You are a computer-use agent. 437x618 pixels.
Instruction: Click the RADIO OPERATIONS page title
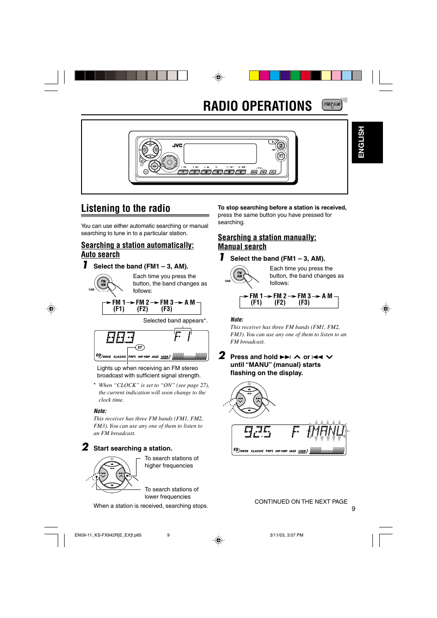pos(257,106)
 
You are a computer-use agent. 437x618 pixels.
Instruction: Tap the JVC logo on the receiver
pos(177,145)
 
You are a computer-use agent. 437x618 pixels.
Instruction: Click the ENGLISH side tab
pos(361,142)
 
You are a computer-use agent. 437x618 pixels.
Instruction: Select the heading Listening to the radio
pos(126,209)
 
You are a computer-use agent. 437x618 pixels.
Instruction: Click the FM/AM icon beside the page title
pos(332,105)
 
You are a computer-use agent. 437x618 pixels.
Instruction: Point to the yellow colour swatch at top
pos(254,75)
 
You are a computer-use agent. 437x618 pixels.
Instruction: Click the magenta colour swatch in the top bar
pos(264,75)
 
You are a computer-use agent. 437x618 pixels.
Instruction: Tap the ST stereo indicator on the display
pos(140,348)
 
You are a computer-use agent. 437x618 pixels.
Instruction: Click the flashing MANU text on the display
pos(326,431)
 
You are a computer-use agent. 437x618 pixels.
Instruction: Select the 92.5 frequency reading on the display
pos(257,431)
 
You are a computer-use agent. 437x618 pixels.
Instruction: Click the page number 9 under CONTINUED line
pos(353,509)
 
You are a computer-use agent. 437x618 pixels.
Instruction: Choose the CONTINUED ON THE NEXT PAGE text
pos(301,501)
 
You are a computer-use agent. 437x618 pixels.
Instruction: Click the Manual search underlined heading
pos(242,247)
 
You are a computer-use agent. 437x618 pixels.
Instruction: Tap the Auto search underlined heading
pos(100,254)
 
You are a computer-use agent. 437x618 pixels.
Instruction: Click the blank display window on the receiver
pos(220,154)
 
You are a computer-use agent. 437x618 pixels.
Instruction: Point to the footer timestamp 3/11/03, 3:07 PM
pos(286,535)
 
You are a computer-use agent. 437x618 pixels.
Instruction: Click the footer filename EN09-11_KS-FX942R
pos(108,535)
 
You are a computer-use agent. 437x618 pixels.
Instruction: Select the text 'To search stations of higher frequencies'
pos(171,462)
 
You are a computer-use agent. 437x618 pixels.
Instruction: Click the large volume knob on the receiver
pos(169,162)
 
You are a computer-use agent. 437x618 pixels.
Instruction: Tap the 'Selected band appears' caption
pos(175,321)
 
